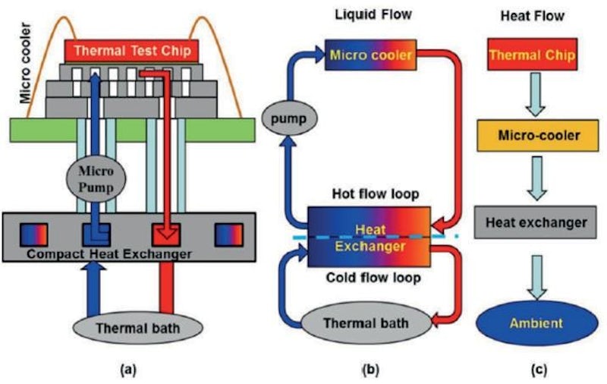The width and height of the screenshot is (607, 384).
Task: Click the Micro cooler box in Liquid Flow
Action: [373, 55]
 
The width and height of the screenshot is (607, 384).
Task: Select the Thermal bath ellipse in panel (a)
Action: [137, 329]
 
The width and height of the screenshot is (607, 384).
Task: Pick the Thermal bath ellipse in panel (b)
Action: [366, 323]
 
